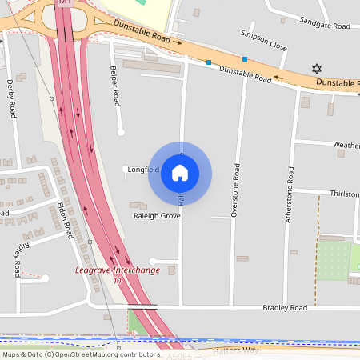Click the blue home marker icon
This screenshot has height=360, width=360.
pos(180,172)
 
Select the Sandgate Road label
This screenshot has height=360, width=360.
pos(325,26)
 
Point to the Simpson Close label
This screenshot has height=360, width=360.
pos(264,40)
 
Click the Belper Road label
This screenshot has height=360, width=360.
pos(115,86)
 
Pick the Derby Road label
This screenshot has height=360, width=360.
pos(11,97)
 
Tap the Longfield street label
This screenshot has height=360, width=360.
pos(145,170)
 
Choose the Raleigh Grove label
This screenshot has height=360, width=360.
pos(157,216)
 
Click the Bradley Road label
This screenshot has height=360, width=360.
pos(286,307)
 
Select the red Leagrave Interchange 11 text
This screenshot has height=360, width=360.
pos(117,274)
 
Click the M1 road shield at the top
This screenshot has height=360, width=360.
pos(65,3)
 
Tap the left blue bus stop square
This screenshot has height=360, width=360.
pos(209,62)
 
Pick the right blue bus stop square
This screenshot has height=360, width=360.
pos(245,58)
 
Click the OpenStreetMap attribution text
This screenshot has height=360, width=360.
pos(81,354)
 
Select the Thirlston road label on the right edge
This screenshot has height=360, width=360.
pos(344,194)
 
